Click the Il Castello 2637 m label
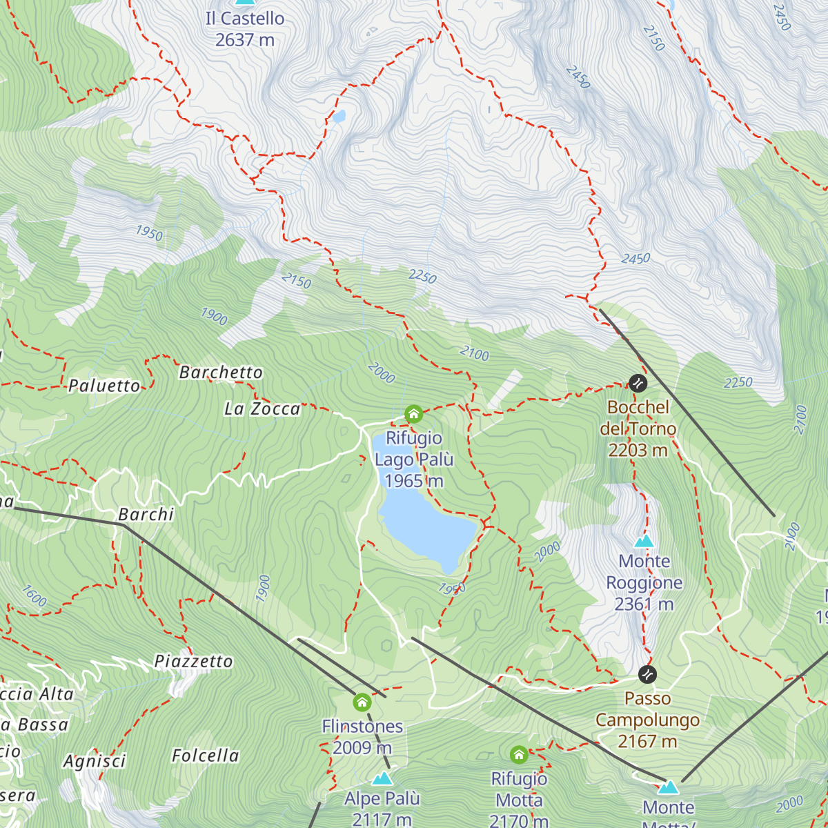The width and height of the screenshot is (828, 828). [245, 29]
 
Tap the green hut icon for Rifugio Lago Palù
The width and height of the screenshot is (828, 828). [413, 414]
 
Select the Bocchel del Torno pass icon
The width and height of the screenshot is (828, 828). [638, 382]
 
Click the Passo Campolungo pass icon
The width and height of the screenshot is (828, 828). [647, 674]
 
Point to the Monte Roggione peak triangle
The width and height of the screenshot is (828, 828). [644, 541]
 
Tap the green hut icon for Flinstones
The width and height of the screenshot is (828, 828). [362, 703]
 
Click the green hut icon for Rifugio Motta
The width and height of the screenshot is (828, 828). [519, 755]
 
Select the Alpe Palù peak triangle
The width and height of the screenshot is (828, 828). [382, 779]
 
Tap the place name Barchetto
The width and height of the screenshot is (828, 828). [221, 373]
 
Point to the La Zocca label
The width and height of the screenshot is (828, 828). [262, 409]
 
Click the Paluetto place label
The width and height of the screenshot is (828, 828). [104, 386]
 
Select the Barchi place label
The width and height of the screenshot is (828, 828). [146, 515]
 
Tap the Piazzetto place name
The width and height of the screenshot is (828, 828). [193, 662]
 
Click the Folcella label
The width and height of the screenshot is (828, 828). [205, 756]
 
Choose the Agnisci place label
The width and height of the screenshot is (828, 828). [95, 761]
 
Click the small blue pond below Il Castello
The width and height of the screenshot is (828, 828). [338, 117]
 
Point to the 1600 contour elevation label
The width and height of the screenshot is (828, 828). [34, 596]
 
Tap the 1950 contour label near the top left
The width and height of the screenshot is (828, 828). [149, 233]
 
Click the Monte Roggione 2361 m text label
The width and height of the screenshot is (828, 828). [644, 583]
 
